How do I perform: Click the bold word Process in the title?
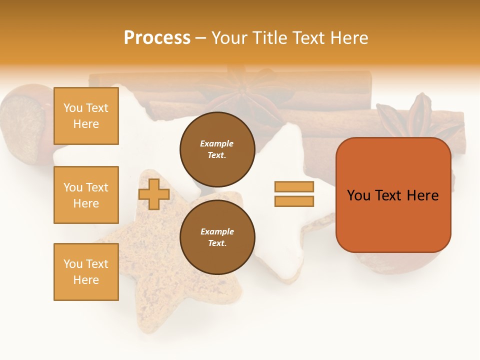(x=157, y=38)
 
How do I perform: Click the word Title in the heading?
(x=272, y=38)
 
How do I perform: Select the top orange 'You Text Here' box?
(x=86, y=116)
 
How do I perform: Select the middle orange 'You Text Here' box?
(x=86, y=195)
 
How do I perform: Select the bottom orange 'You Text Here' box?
(x=86, y=271)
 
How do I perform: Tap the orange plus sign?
(x=154, y=194)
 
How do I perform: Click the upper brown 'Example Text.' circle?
(x=217, y=149)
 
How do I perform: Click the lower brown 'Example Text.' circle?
(x=217, y=237)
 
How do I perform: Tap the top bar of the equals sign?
(x=294, y=186)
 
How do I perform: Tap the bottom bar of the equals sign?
(x=294, y=201)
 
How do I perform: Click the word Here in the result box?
(x=422, y=195)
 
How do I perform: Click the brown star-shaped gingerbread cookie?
(x=165, y=260)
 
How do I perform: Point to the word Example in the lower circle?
(x=217, y=231)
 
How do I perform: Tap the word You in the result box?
(x=358, y=195)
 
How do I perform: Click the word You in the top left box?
(x=73, y=108)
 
